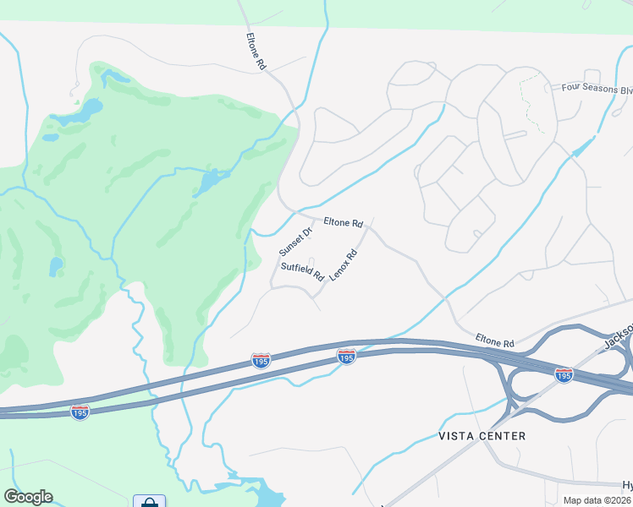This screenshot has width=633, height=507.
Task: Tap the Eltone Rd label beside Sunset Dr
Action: coord(343,223)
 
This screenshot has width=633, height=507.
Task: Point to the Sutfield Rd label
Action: coord(303,272)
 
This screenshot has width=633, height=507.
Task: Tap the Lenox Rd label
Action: coord(343,265)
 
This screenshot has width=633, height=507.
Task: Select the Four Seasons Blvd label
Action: coord(597,89)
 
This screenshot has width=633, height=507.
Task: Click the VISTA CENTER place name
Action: coord(482,436)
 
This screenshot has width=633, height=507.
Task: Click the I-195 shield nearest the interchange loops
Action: coord(563,374)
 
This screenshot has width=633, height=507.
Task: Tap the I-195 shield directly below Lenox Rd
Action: coord(345,357)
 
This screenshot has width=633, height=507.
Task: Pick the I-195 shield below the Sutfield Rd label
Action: coord(261,361)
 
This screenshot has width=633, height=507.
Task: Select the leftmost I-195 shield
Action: coord(80,413)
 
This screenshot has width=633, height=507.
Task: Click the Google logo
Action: coord(28,497)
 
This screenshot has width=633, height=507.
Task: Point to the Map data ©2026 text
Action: coord(596,500)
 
